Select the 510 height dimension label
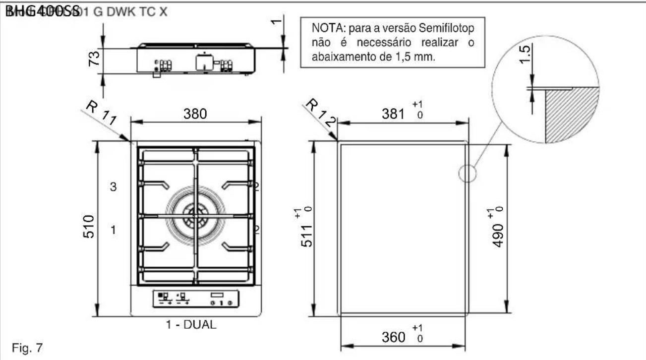(89, 227)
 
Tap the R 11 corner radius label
(101, 113)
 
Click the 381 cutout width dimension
(395, 114)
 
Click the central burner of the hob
(195, 216)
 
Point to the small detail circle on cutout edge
(466, 174)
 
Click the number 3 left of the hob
(113, 187)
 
